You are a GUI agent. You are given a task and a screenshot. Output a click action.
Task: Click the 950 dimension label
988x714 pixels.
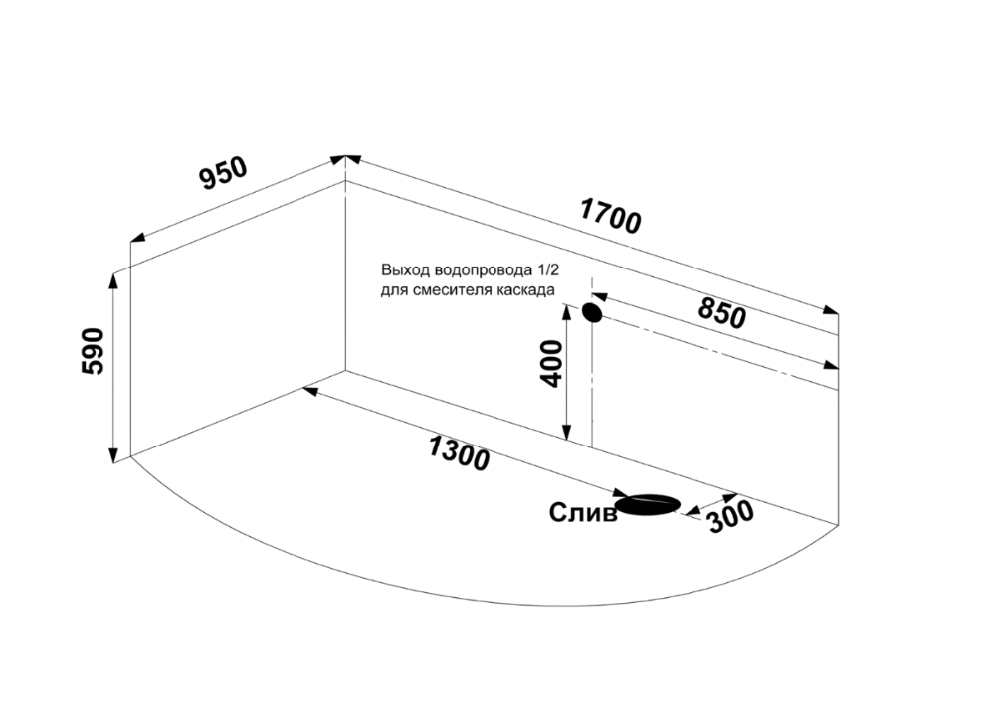(224, 172)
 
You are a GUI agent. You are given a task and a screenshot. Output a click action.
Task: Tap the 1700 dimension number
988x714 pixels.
(610, 216)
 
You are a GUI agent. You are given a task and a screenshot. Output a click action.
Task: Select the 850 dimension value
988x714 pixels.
(721, 313)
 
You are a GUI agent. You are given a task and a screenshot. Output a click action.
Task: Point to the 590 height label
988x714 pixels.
(94, 351)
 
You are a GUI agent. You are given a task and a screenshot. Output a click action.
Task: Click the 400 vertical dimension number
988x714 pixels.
(551, 363)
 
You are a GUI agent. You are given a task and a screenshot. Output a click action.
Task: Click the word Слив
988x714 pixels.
(583, 513)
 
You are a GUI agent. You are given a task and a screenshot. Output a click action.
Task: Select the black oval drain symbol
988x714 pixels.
(649, 504)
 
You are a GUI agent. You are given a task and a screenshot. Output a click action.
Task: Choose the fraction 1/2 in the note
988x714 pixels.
(548, 270)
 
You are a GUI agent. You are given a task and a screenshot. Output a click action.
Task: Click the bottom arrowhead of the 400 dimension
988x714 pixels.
(567, 433)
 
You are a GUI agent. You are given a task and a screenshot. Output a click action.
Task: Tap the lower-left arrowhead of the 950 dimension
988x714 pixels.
(138, 238)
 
